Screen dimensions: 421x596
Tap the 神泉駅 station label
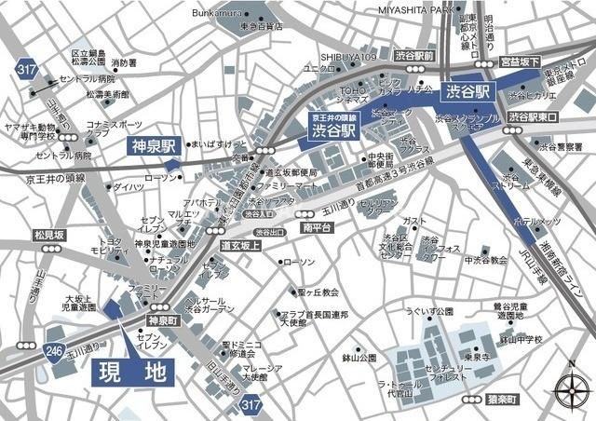[x=153, y=146]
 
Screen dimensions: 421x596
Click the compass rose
[x=568, y=387]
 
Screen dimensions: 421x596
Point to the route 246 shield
[x=56, y=352]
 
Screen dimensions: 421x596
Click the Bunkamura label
[x=217, y=13]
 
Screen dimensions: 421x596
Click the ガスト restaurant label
[x=415, y=221]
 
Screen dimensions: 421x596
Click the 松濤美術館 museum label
[x=107, y=94]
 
